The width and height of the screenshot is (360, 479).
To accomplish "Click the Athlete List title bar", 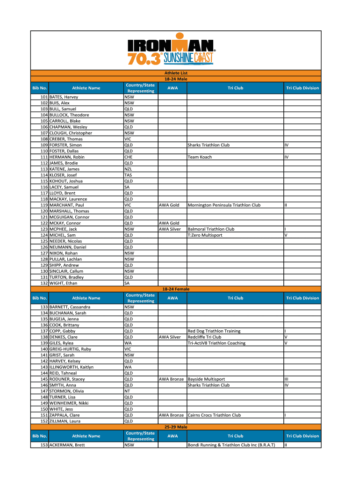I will coord(176,73).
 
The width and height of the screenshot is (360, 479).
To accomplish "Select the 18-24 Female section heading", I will coord(176,289).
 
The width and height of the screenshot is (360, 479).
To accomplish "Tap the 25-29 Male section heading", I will coord(176,427).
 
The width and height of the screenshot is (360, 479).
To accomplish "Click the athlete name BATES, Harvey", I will coord(64,97).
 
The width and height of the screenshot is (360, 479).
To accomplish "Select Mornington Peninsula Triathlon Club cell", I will coord(224,205).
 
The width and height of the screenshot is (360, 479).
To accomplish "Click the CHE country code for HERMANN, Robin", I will coord(128,157).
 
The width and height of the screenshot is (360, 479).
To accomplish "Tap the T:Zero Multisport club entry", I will coord(205,235).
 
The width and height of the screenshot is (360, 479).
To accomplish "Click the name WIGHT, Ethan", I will coord(63,283).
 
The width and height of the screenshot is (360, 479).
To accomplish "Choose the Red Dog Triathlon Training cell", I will coord(214,331).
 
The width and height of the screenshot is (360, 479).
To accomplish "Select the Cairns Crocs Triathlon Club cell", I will coord(214,415).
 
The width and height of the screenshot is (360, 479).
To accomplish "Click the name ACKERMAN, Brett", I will coord(67,445).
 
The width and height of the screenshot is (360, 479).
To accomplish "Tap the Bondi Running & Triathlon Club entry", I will coord(231,445).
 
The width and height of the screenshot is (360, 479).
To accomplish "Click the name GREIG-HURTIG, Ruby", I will coord(70,349).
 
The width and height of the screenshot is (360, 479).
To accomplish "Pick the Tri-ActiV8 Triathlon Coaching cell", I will coord(216,343).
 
